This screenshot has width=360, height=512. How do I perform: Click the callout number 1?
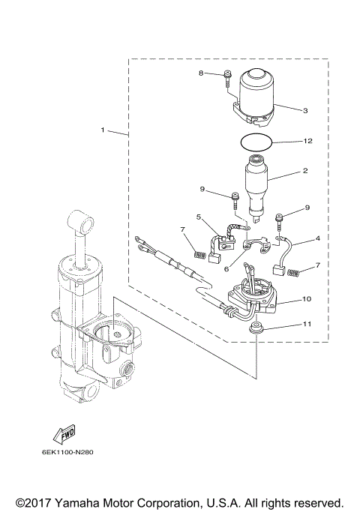pyautogui.click(x=103, y=130)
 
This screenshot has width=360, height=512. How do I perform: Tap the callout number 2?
pyautogui.click(x=305, y=171)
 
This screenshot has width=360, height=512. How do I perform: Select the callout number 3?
pyautogui.click(x=305, y=110)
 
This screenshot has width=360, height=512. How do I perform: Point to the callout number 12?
pyautogui.click(x=307, y=141)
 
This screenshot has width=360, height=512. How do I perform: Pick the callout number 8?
pyautogui.click(x=201, y=73)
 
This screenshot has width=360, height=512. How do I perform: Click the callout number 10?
pyautogui.click(x=307, y=299)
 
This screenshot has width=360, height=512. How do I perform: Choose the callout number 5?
pyautogui.click(x=199, y=217)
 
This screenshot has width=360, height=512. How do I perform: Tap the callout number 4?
pyautogui.click(x=317, y=239)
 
